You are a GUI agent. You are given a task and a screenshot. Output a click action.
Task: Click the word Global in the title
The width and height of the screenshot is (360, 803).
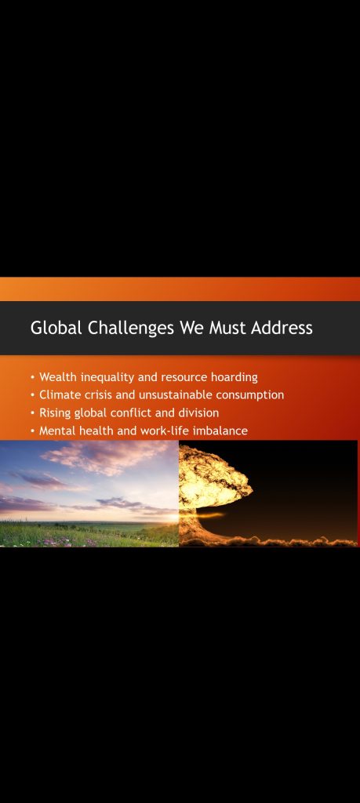tap(56, 328)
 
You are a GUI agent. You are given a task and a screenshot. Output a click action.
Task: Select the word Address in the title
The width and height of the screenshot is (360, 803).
tap(282, 328)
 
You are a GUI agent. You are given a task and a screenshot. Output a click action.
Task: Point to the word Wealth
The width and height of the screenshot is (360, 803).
tap(58, 377)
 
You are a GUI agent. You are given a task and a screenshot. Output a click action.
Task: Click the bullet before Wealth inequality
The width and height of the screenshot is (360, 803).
tap(33, 378)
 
